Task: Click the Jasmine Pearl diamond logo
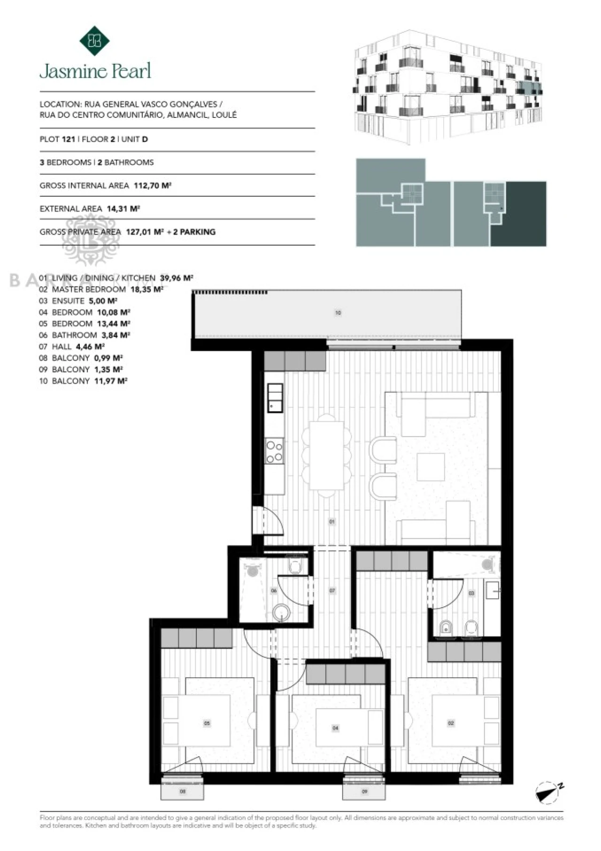94,41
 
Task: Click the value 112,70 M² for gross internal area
152,186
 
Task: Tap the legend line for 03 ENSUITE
78,301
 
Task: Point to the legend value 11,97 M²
111,381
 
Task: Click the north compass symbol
547,792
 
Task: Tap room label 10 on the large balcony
338,313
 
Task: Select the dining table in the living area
327,455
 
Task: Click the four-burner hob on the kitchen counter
275,451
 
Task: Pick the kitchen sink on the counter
275,398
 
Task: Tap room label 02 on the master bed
451,723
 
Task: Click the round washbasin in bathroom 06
282,612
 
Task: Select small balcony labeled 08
183,791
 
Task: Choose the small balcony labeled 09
364,791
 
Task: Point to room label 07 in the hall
332,590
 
